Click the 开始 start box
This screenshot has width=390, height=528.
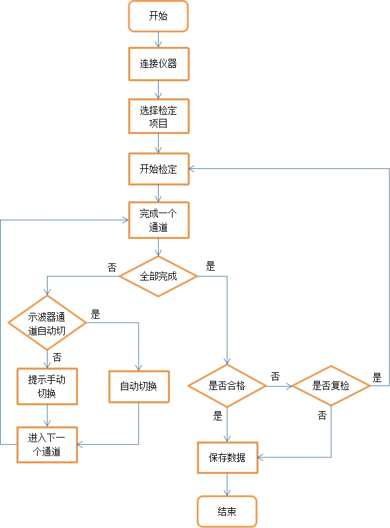[x=158, y=16]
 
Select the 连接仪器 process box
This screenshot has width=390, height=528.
[x=158, y=64]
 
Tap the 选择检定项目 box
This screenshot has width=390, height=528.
[x=158, y=117]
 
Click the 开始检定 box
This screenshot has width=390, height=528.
[x=158, y=169]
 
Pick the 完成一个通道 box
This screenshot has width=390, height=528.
[x=158, y=220]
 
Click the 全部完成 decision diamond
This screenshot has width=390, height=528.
[x=158, y=276]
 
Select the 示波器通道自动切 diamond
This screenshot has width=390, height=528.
[x=47, y=323]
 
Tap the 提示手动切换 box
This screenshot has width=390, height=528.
[x=47, y=387]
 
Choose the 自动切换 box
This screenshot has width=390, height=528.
[x=138, y=386]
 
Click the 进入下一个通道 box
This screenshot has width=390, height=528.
[x=47, y=444]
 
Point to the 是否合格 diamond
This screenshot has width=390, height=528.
[x=227, y=385]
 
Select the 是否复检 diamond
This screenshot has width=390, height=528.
[x=331, y=385]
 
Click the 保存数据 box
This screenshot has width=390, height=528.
[x=227, y=457]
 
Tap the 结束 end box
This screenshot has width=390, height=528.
[x=227, y=511]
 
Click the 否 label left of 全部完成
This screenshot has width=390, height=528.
[x=112, y=267]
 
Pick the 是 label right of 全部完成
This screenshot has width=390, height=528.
[x=211, y=267]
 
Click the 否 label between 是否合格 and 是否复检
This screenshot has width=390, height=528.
[x=275, y=376]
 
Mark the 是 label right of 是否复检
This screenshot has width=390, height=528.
[x=377, y=378]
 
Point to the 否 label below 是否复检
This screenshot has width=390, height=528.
[x=322, y=415]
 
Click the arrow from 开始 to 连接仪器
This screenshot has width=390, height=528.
[x=158, y=39]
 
